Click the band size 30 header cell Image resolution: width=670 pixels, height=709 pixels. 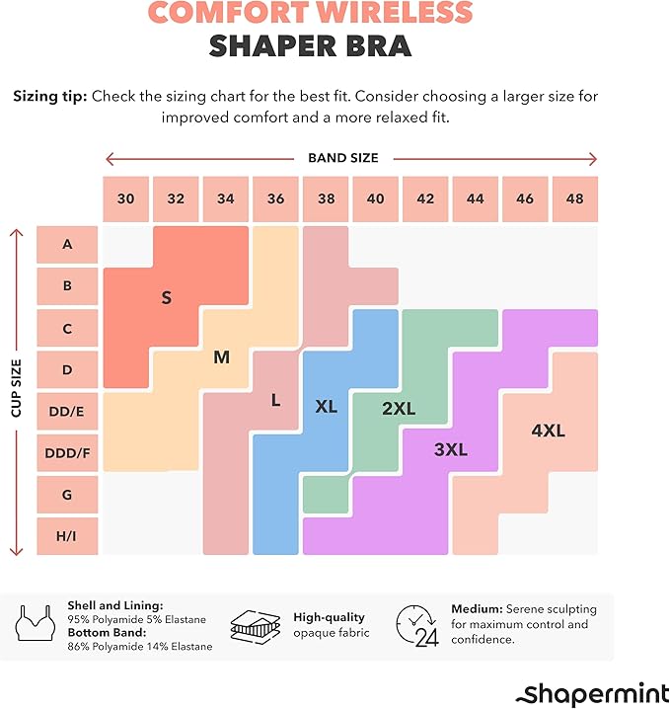pyautogui.click(x=126, y=198)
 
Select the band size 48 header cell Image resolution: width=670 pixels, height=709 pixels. pyautogui.click(x=575, y=198)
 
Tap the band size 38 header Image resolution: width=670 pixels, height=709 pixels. pyautogui.click(x=326, y=198)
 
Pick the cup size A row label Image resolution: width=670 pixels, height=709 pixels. pyautogui.click(x=67, y=245)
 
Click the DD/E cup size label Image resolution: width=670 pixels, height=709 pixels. pyautogui.click(x=67, y=412)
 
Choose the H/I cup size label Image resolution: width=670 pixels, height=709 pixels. pyautogui.click(x=67, y=536)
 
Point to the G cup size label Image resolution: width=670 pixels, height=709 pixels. pyautogui.click(x=67, y=495)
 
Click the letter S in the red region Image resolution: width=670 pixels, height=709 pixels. pyautogui.click(x=166, y=297)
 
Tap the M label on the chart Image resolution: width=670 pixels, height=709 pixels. pyautogui.click(x=221, y=357)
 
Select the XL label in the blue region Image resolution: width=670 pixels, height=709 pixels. pyautogui.click(x=327, y=407)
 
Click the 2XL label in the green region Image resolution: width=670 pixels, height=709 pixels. pyautogui.click(x=399, y=408)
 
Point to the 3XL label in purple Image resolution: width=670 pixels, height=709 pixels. pyautogui.click(x=451, y=449)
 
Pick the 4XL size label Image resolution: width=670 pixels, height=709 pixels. pyautogui.click(x=548, y=431)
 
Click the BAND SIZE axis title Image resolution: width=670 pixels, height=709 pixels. pyautogui.click(x=343, y=158)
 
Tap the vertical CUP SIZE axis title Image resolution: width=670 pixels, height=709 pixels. pyautogui.click(x=16, y=388)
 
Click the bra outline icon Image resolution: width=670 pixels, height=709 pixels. pyautogui.click(x=36, y=623)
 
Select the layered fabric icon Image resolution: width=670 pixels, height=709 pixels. pyautogui.click(x=256, y=627)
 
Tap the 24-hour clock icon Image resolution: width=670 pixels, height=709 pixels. pyautogui.click(x=417, y=626)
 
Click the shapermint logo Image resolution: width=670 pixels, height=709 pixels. pyautogui.click(x=592, y=694)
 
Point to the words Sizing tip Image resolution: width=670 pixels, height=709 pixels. pyautogui.click(x=50, y=97)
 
